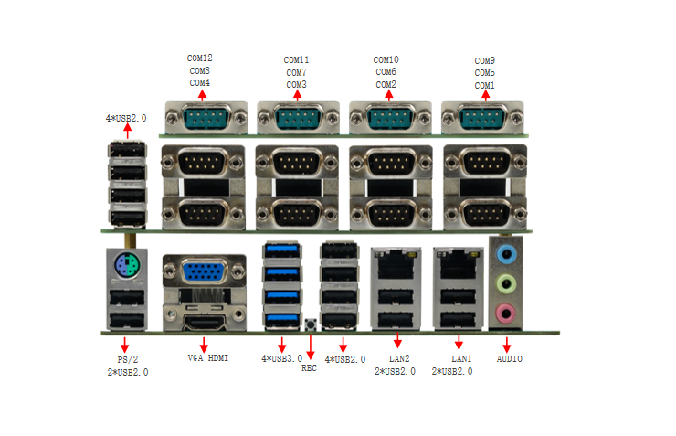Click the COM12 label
pyautogui.click(x=200, y=58)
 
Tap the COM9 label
pyautogui.click(x=485, y=60)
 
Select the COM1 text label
pyautogui.click(x=485, y=85)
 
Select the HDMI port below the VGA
pyautogui.click(x=204, y=319)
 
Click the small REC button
pyautogui.click(x=310, y=324)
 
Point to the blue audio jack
pyautogui.click(x=505, y=252)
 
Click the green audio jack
pyautogui.click(x=505, y=284)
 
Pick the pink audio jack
pyautogui.click(x=505, y=314)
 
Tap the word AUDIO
pyautogui.click(x=510, y=359)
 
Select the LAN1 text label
pyautogui.click(x=461, y=359)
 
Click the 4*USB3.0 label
pyautogui.click(x=281, y=359)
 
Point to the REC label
pyautogui.click(x=309, y=368)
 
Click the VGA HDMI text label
pyautogui.click(x=208, y=358)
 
